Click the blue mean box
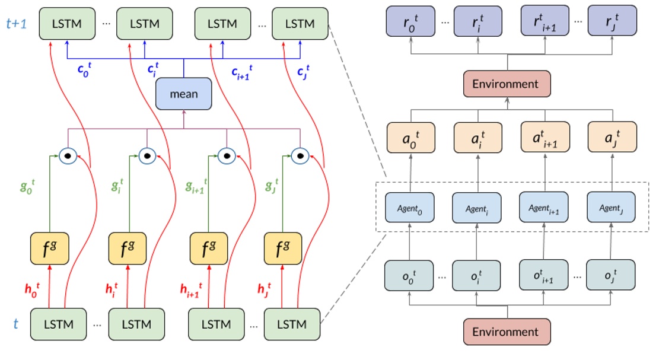184,94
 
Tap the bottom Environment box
507,332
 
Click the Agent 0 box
410,208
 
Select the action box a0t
410,138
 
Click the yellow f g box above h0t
50,250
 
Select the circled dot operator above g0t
68,155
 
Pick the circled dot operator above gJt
300,155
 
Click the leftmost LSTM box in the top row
67,24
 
